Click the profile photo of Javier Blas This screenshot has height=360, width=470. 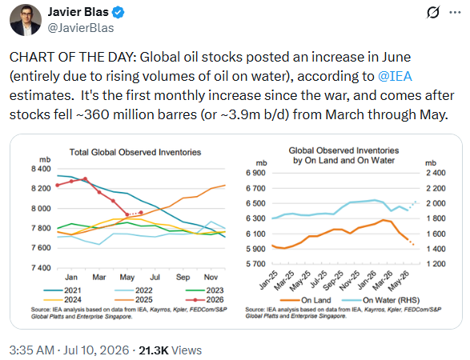click(x=26, y=20)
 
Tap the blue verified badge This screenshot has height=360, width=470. click(x=118, y=12)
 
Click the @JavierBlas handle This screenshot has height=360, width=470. click(x=81, y=28)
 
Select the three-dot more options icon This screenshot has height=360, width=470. click(x=455, y=13)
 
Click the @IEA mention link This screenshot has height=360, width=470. click(x=395, y=76)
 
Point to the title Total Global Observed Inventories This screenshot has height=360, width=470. click(x=135, y=152)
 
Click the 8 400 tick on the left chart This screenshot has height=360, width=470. click(x=41, y=169)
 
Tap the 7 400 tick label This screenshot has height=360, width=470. click(x=41, y=268)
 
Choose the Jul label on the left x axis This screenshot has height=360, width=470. click(x=155, y=278)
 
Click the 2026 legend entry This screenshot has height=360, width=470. click(x=205, y=300)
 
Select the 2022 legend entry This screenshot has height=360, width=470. click(x=134, y=290)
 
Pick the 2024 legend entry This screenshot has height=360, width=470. click(x=62, y=300)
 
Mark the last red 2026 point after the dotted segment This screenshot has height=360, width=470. click(x=141, y=213)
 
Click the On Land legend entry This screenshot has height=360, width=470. click(x=305, y=300)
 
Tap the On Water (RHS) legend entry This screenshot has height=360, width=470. click(x=380, y=300)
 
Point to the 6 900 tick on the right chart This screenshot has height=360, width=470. click(x=255, y=173)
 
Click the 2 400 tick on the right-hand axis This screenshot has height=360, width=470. click(x=436, y=173)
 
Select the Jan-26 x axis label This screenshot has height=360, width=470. click(x=368, y=280)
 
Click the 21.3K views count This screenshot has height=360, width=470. click(x=153, y=350)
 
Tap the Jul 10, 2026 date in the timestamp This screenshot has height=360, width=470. click(x=95, y=350)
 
